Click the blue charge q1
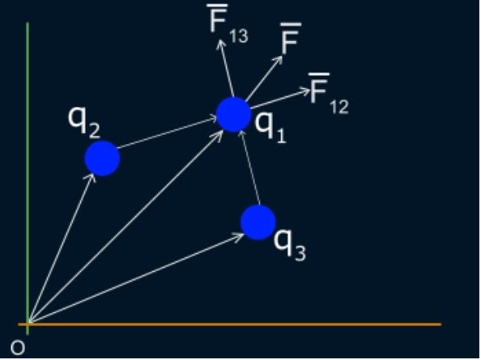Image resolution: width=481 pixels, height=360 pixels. (233, 114)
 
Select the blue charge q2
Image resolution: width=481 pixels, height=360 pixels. (102, 158)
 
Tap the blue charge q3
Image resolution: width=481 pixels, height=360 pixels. (258, 222)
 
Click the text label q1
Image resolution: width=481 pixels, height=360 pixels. (270, 127)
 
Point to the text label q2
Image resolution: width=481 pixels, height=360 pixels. (84, 121)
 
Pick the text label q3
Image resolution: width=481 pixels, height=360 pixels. (290, 244)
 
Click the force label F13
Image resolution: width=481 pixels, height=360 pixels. (228, 23)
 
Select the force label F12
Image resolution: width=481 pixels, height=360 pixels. (329, 94)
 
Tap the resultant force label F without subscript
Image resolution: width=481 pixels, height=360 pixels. (291, 38)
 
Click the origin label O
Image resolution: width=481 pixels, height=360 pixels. (18, 348)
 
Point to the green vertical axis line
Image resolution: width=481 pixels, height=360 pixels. (28, 178)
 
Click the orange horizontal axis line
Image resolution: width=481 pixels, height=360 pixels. (230, 324)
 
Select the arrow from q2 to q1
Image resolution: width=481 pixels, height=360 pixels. (168, 133)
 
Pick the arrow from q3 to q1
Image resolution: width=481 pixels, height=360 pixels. (249, 167)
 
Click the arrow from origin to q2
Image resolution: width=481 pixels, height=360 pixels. (62, 248)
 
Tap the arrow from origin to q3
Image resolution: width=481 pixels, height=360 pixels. (137, 278)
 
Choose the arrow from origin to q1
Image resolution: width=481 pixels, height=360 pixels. (126, 227)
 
